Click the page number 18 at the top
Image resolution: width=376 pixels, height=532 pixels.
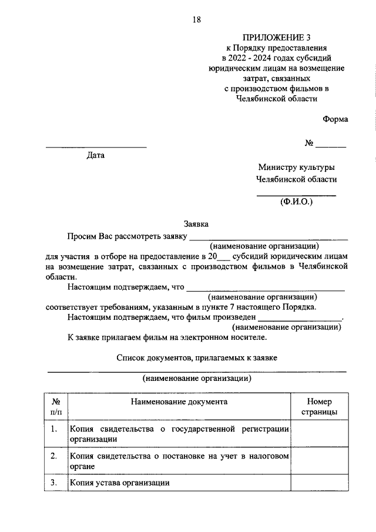pyautogui.click(x=197, y=20)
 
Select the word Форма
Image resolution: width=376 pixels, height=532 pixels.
pyautogui.click(x=335, y=119)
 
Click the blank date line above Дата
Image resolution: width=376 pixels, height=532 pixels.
pyautogui.click(x=96, y=146)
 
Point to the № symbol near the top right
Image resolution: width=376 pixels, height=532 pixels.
pyautogui.click(x=310, y=143)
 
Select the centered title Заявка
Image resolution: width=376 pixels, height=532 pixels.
pyautogui.click(x=196, y=223)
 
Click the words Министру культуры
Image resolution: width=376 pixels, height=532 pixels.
pyautogui.click(x=297, y=167)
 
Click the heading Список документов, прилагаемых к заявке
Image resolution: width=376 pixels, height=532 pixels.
pyautogui.click(x=196, y=357)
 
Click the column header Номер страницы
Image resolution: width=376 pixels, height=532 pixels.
pyautogui.click(x=319, y=407)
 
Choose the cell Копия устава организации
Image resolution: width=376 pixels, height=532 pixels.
pyautogui.click(x=120, y=483)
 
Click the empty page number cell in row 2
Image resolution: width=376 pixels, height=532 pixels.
pyautogui.click(x=319, y=461)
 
